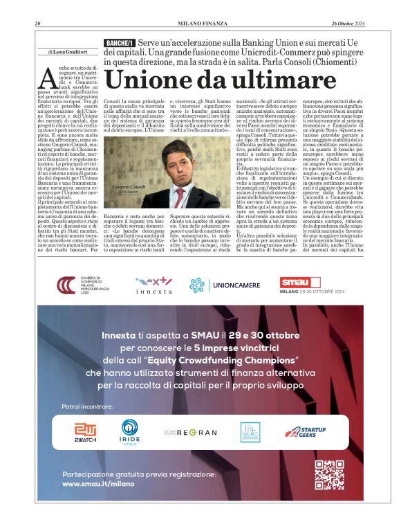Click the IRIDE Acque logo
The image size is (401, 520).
(129, 431)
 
